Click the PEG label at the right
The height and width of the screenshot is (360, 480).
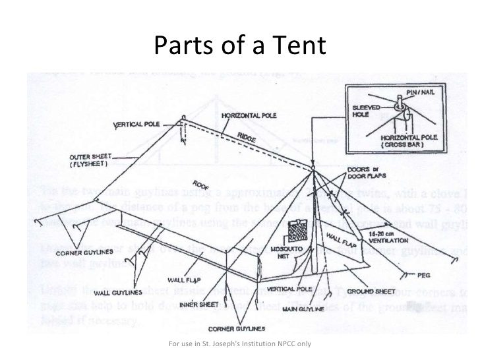pyautogui.click(x=424, y=274)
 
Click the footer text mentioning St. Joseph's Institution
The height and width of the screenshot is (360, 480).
pyautogui.click(x=240, y=344)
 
